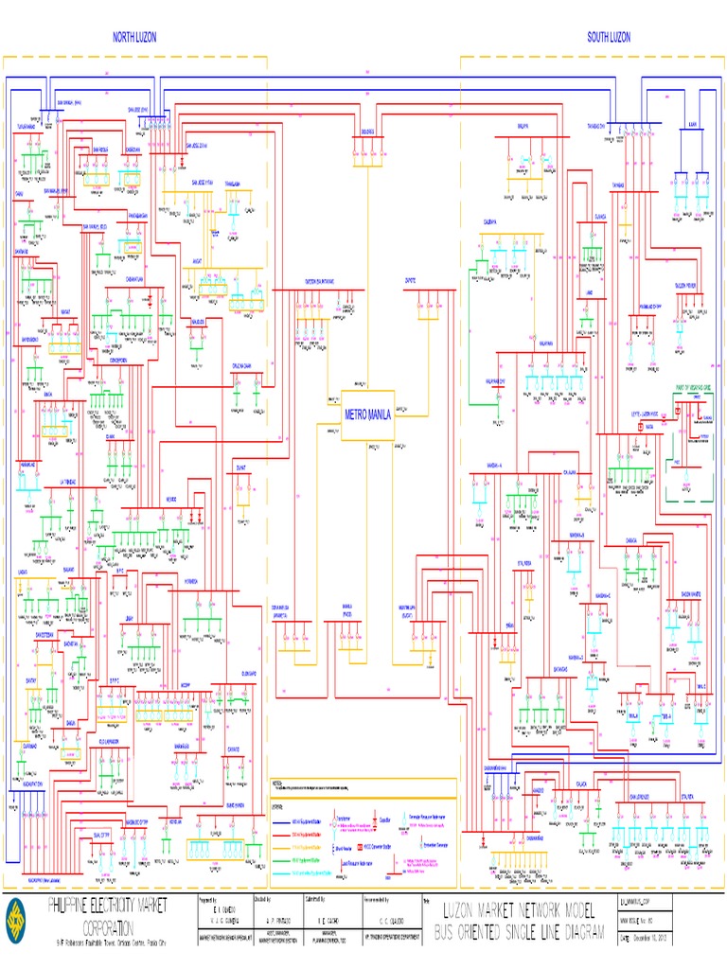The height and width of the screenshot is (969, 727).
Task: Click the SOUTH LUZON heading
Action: [x=608, y=37]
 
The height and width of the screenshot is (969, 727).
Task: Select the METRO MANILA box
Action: [x=367, y=414]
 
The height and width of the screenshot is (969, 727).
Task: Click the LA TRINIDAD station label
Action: [x=74, y=483]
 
